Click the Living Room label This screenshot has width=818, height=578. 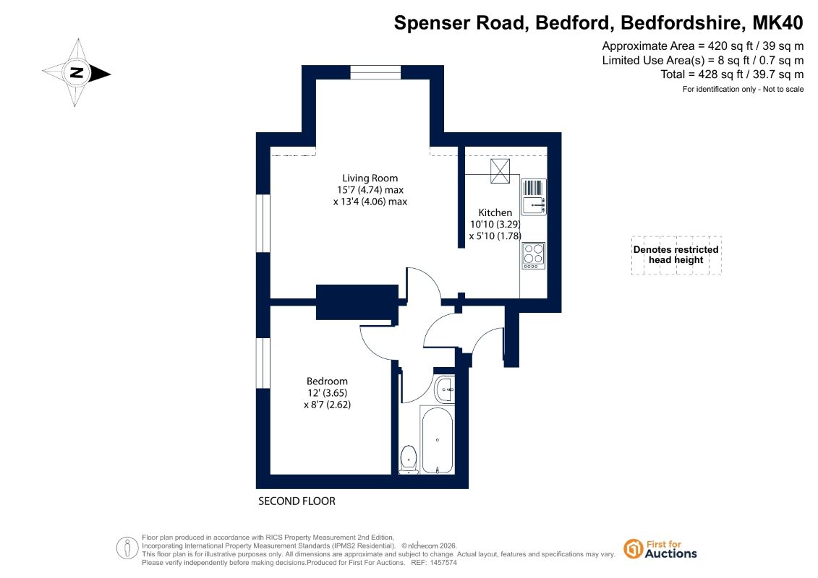click(x=370, y=178)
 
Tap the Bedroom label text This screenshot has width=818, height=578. click(x=327, y=381)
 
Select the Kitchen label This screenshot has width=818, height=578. click(x=495, y=212)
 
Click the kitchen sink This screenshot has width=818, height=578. click(x=533, y=197)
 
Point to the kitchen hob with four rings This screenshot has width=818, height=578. click(x=533, y=256)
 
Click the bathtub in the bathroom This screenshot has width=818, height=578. click(x=437, y=441)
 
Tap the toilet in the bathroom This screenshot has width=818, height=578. click(x=409, y=460)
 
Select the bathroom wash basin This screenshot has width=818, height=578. click(x=445, y=389)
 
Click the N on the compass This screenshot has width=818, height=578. click(x=77, y=72)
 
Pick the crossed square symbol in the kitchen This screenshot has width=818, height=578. click(x=500, y=171)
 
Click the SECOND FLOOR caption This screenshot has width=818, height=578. click(x=297, y=501)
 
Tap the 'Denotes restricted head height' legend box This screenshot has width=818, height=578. click(x=676, y=255)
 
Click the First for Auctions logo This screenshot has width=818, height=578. click(x=660, y=549)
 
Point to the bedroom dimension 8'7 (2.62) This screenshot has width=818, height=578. click(x=327, y=405)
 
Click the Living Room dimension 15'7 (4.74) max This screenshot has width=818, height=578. click(x=370, y=190)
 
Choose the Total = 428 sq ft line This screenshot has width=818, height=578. click(x=732, y=74)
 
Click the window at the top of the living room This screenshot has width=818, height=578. click(x=375, y=72)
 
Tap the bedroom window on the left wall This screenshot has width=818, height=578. click(x=263, y=363)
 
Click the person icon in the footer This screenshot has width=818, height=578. click(x=127, y=548)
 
